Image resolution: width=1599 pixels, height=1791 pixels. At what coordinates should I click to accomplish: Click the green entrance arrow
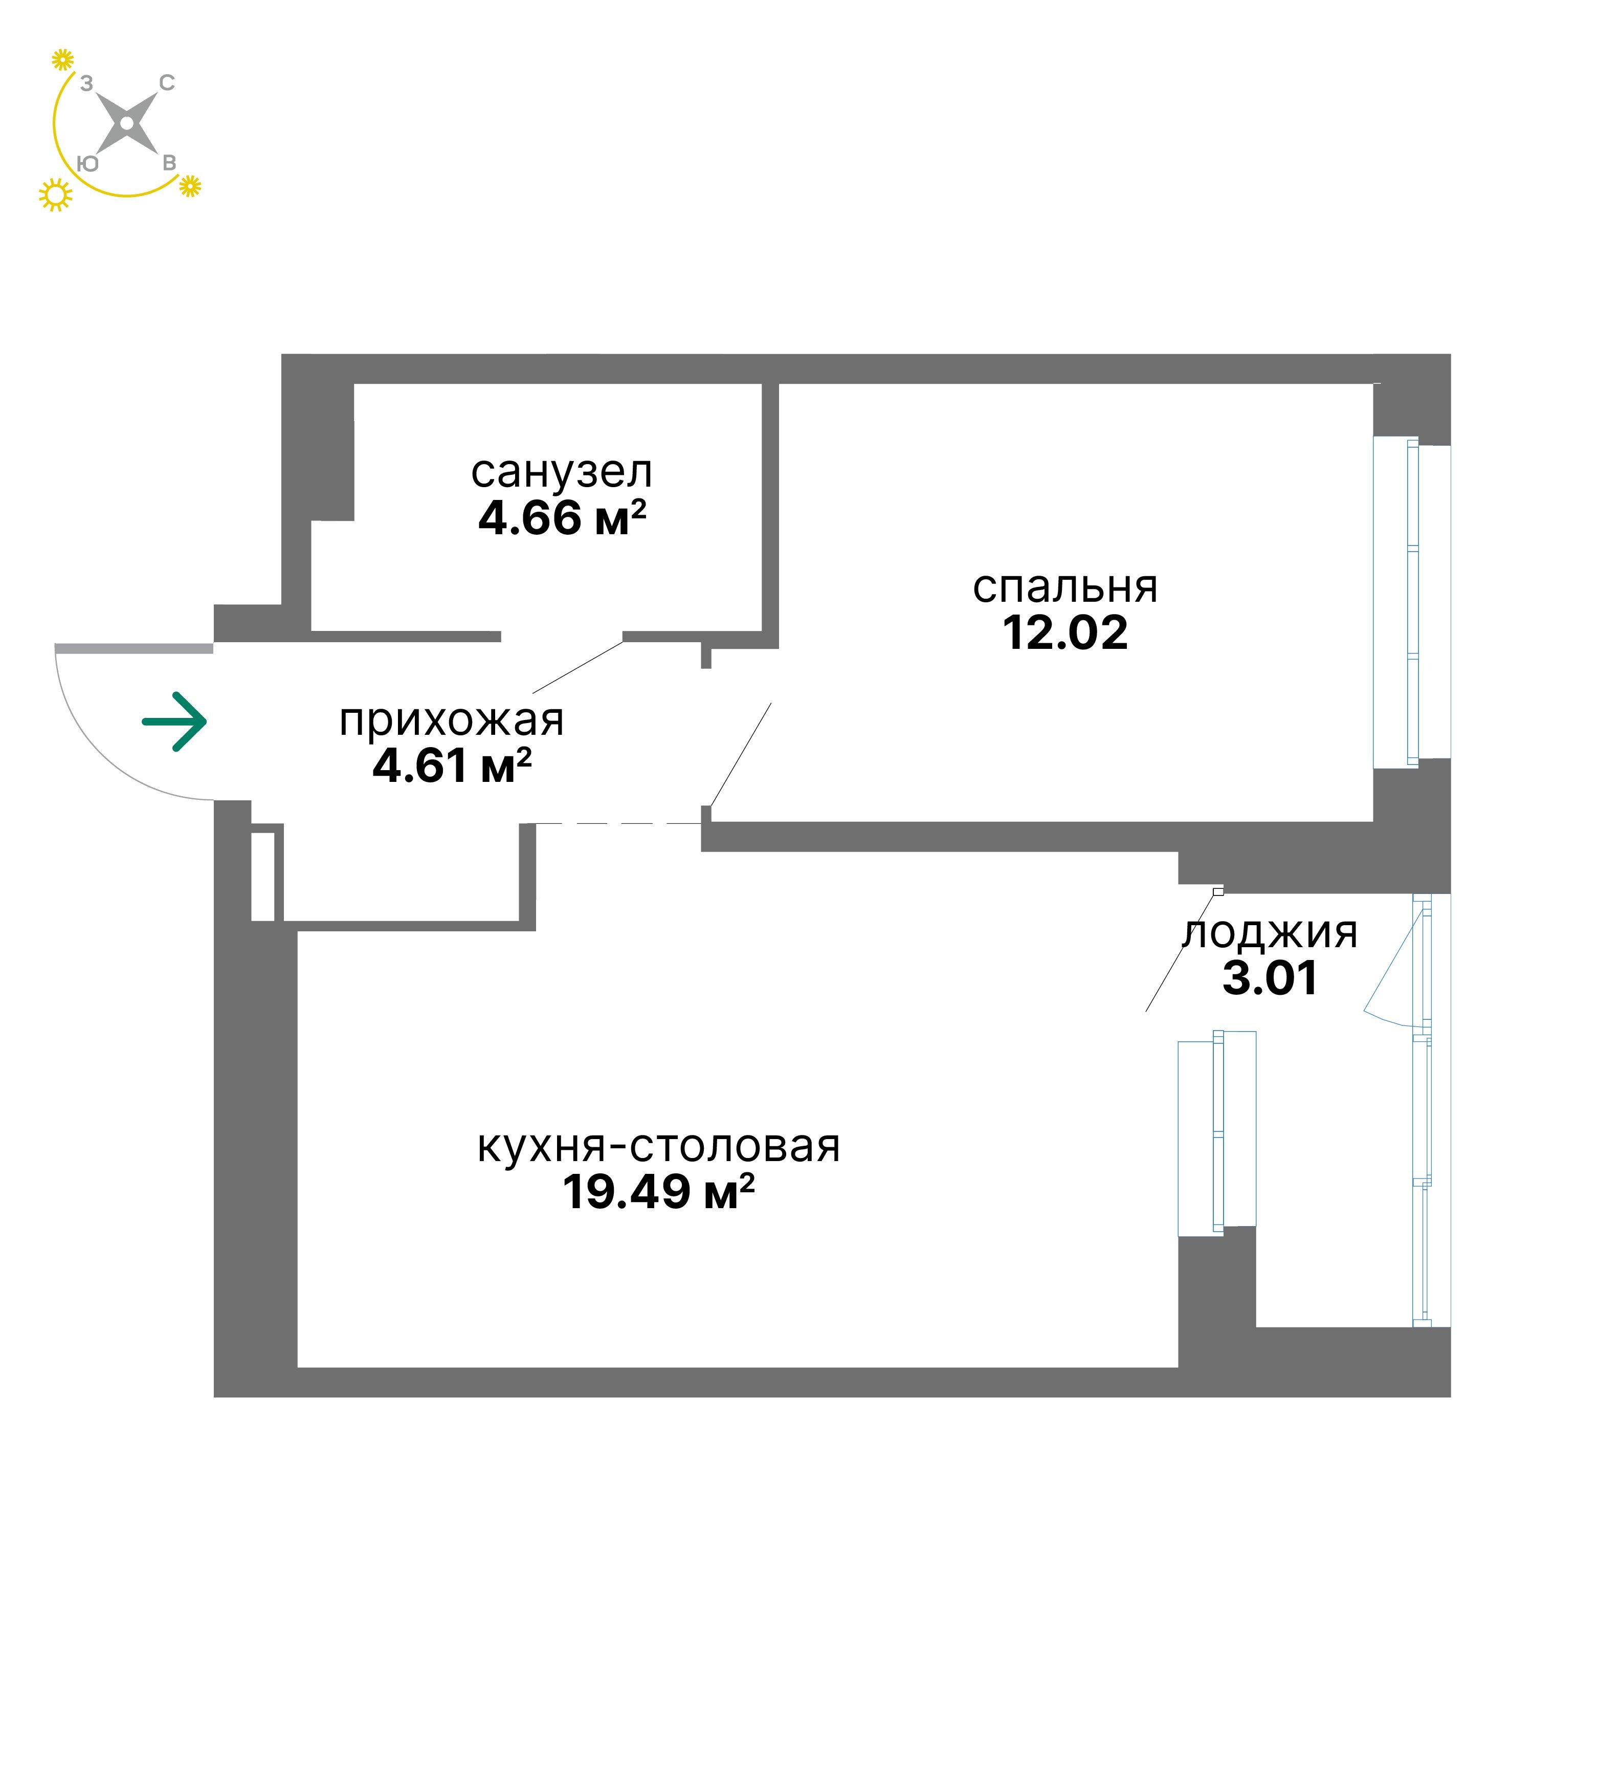point(175,723)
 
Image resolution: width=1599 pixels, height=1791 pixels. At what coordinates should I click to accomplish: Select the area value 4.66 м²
point(562,518)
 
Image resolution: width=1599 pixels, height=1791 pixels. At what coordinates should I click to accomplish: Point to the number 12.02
point(1065,633)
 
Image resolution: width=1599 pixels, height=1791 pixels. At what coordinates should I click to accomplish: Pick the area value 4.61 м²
point(452,766)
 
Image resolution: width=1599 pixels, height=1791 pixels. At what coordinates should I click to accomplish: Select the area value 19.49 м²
point(659,1192)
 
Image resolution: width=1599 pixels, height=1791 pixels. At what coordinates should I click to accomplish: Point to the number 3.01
point(1271,978)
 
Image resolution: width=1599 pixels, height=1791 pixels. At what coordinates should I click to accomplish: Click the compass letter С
point(166,83)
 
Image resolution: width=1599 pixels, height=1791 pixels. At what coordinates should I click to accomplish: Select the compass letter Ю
point(88,163)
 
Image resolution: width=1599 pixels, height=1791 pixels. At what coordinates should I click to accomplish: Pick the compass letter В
point(169,163)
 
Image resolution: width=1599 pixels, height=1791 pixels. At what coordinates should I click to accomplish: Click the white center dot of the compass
point(127,123)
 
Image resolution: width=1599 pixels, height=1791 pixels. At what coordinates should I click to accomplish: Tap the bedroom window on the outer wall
point(1412,602)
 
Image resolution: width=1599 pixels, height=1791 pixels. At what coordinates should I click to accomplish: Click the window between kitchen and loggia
point(1217,1133)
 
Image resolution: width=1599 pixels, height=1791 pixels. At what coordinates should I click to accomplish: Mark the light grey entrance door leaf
point(134,648)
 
